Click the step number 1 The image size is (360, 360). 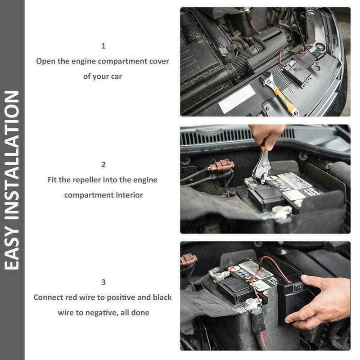pyautogui.click(x=103, y=46)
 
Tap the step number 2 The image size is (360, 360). pyautogui.click(x=103, y=165)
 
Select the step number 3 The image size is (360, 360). pyautogui.click(x=103, y=282)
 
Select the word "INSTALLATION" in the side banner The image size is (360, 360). pyautogui.click(x=12, y=155)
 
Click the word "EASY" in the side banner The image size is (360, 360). pyautogui.click(x=12, y=247)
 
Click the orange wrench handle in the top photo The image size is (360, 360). pyautogui.click(x=285, y=100)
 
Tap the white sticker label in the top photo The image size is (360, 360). pyautogui.click(x=237, y=99)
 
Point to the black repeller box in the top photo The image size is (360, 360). pyautogui.click(x=296, y=73)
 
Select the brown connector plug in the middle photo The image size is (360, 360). pyautogui.click(x=222, y=166)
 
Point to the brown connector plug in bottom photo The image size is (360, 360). pyautogui.click(x=188, y=260)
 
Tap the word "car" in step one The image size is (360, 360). pyautogui.click(x=117, y=76)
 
